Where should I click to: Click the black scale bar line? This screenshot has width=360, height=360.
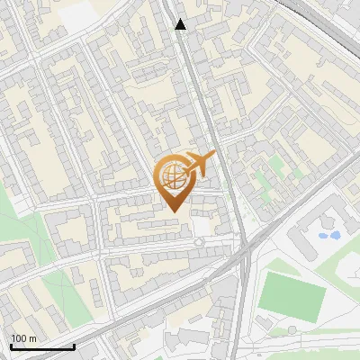42,346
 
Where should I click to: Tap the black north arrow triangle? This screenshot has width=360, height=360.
181,24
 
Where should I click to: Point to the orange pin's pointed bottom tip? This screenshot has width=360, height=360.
172,211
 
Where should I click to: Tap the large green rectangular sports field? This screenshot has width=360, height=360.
291,295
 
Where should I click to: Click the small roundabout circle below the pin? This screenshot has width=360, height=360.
199,243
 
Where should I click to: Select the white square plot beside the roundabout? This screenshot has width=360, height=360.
202,226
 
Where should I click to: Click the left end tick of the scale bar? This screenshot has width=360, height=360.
11,346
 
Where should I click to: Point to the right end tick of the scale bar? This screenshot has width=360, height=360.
74,346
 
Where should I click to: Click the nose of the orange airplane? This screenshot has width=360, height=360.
213,157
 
